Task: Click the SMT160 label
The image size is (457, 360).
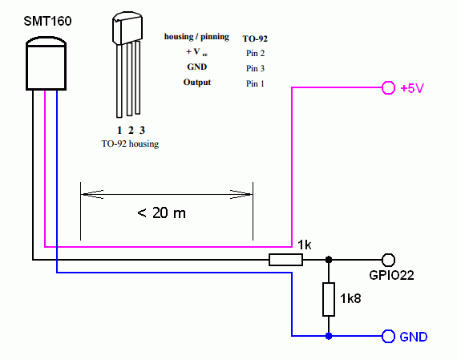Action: [x=47, y=22]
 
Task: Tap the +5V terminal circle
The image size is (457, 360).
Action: [x=388, y=87]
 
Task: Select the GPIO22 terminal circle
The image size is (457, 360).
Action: [x=388, y=260]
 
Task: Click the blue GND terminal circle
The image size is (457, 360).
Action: [x=388, y=336]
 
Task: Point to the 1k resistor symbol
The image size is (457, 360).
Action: [x=285, y=260]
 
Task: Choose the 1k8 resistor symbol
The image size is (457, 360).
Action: [x=329, y=299]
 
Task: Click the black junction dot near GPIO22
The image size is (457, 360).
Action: [x=329, y=260]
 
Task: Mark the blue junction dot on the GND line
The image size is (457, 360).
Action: [x=329, y=336]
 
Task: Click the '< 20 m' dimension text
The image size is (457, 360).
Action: [x=161, y=212]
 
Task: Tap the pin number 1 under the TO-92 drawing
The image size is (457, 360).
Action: [x=119, y=130]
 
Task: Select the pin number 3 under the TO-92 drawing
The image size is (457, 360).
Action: [x=142, y=130]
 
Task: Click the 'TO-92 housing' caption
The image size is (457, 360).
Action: [x=130, y=144]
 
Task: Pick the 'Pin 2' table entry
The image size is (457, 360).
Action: [x=255, y=53]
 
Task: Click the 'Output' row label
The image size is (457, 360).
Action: [x=197, y=83]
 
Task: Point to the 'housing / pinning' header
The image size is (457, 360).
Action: [x=196, y=37]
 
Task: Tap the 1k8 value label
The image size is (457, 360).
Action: [x=350, y=298]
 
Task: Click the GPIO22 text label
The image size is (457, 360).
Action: [x=391, y=275]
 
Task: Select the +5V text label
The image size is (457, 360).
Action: [x=412, y=88]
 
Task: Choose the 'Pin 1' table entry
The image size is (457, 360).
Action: [x=255, y=83]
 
